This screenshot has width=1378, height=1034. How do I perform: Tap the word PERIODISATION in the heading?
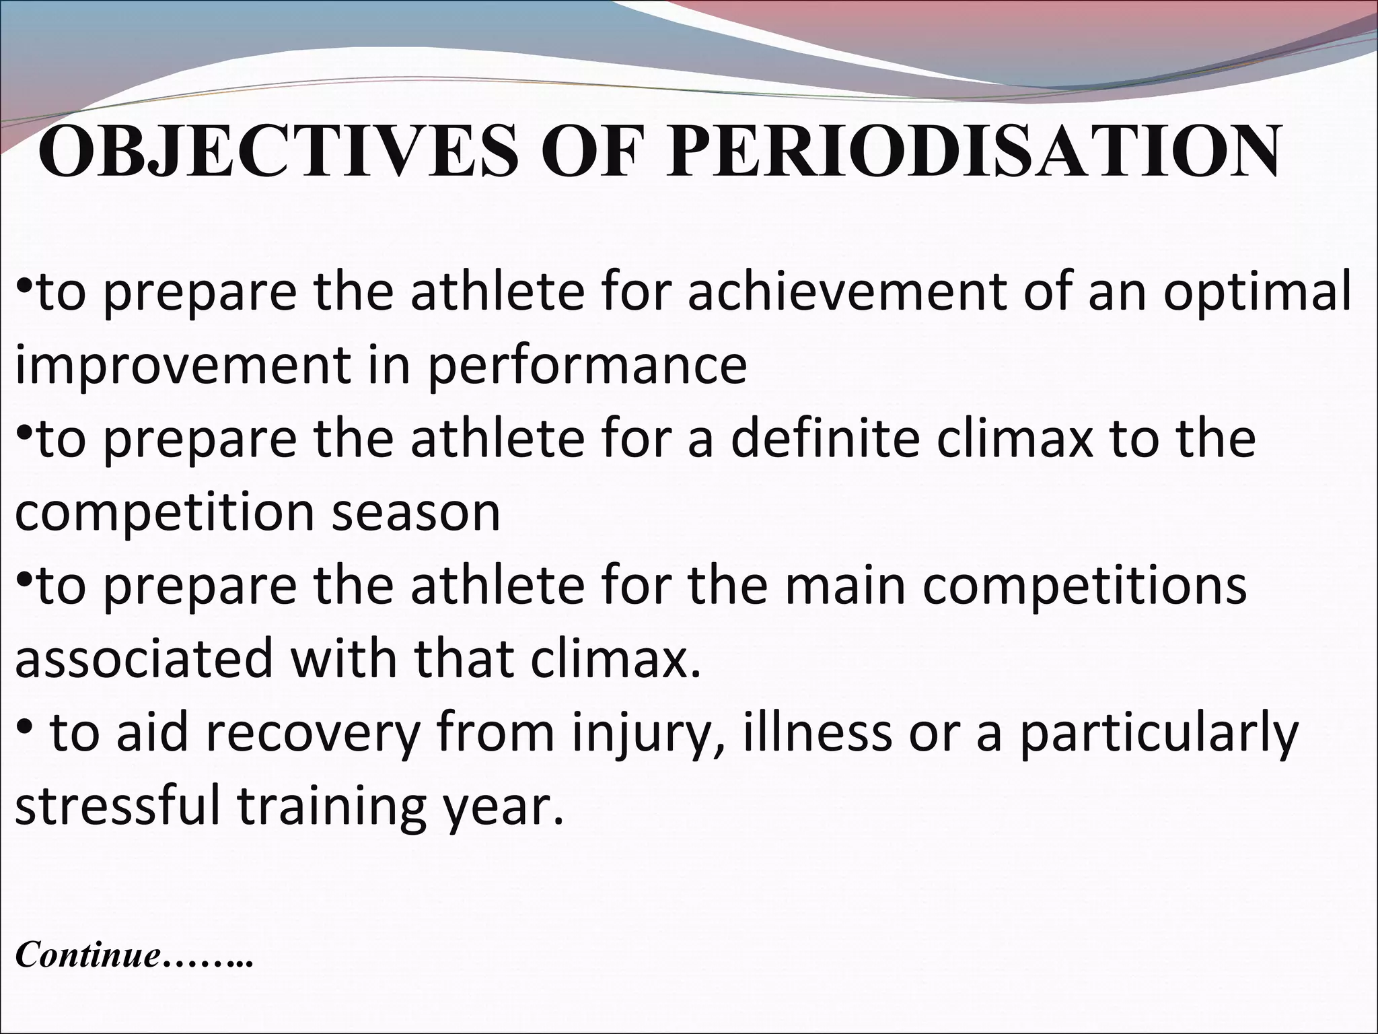click(x=973, y=152)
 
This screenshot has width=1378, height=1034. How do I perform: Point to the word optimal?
click(x=1257, y=295)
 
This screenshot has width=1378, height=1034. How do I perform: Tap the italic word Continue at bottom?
click(x=88, y=955)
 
